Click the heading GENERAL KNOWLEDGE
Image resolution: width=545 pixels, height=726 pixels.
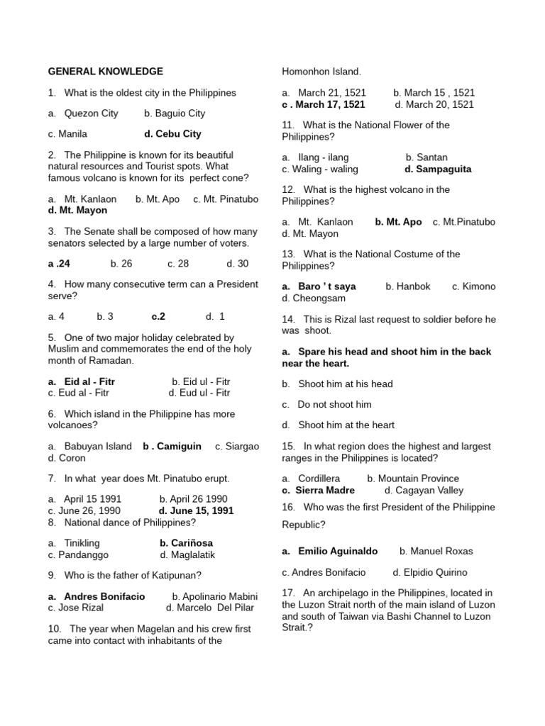click(x=105, y=72)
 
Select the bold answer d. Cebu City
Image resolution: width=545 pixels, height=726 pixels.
click(x=172, y=134)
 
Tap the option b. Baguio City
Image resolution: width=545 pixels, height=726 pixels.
click(x=174, y=113)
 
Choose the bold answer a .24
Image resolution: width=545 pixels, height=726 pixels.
click(x=59, y=264)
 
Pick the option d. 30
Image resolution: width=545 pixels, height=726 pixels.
click(x=237, y=264)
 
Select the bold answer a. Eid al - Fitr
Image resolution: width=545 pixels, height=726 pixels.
click(x=82, y=381)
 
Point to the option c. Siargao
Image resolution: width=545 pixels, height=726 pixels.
click(x=237, y=447)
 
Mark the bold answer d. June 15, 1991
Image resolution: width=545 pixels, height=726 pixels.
click(x=196, y=510)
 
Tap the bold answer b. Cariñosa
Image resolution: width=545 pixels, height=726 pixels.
click(x=186, y=543)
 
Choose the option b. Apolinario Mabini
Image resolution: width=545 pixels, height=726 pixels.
click(x=215, y=596)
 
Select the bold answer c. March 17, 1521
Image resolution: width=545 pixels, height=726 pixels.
click(x=324, y=104)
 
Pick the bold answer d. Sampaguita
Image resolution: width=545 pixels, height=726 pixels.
click(x=438, y=169)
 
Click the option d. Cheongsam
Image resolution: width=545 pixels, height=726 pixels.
click(x=310, y=298)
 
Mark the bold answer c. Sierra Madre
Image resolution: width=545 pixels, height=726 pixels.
click(x=318, y=490)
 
